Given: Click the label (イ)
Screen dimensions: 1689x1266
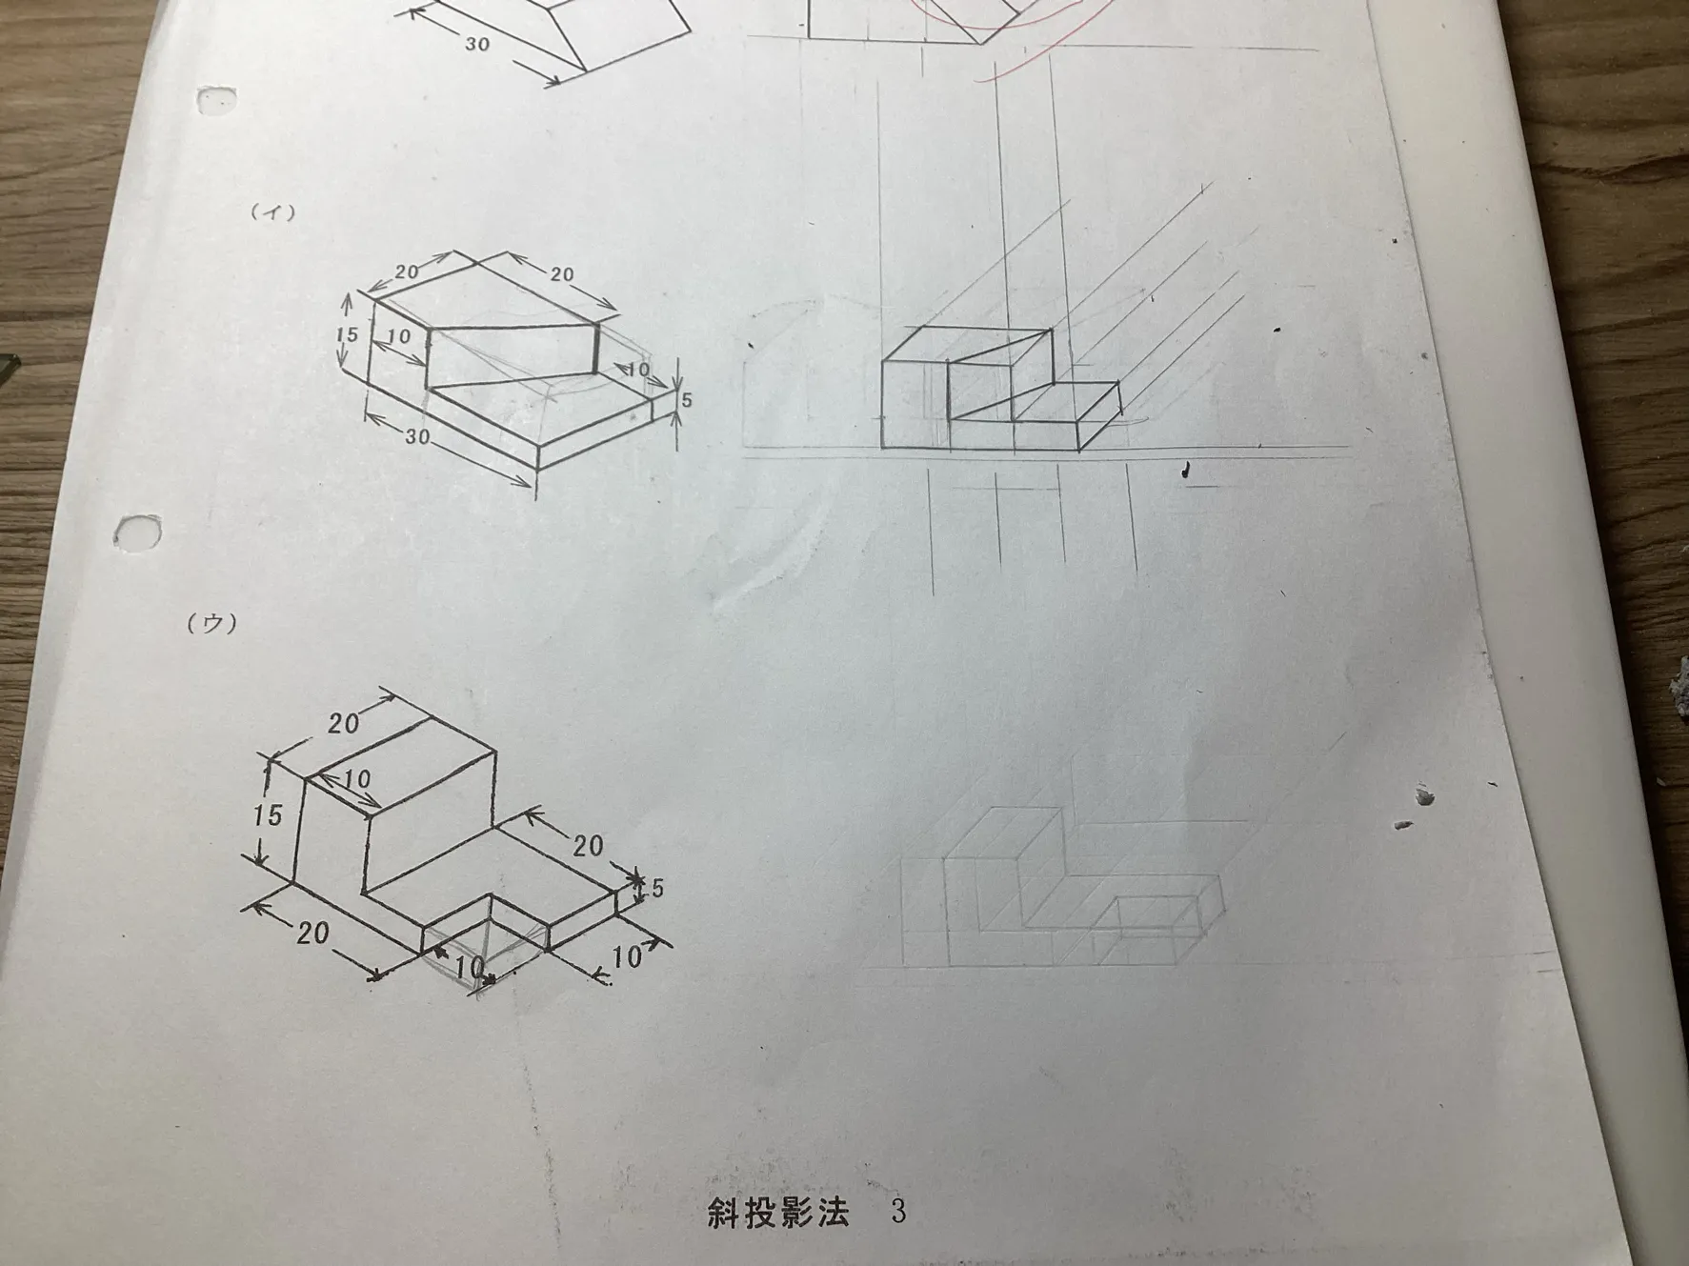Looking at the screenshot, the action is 272,212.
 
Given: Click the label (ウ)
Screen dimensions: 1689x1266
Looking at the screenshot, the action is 211,623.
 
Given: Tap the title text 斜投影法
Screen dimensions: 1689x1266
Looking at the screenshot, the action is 777,1212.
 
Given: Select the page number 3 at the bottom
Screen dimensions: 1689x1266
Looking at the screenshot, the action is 897,1211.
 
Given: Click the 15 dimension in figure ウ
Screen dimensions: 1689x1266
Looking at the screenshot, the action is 268,814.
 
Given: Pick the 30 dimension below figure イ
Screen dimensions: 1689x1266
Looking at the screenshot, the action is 417,437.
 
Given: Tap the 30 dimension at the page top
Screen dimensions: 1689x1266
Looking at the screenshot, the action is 477,44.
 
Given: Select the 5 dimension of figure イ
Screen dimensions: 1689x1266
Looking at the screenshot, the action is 686,399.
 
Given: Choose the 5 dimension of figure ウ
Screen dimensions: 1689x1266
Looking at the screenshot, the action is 655,889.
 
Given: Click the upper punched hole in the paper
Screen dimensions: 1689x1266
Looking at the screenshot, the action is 218,99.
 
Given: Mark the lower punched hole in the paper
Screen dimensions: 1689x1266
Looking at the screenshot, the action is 138,532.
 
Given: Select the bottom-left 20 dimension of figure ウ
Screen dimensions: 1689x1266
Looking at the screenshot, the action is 312,931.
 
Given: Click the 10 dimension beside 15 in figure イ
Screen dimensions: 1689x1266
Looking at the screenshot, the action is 399,336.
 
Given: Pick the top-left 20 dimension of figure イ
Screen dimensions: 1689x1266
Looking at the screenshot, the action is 407,271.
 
